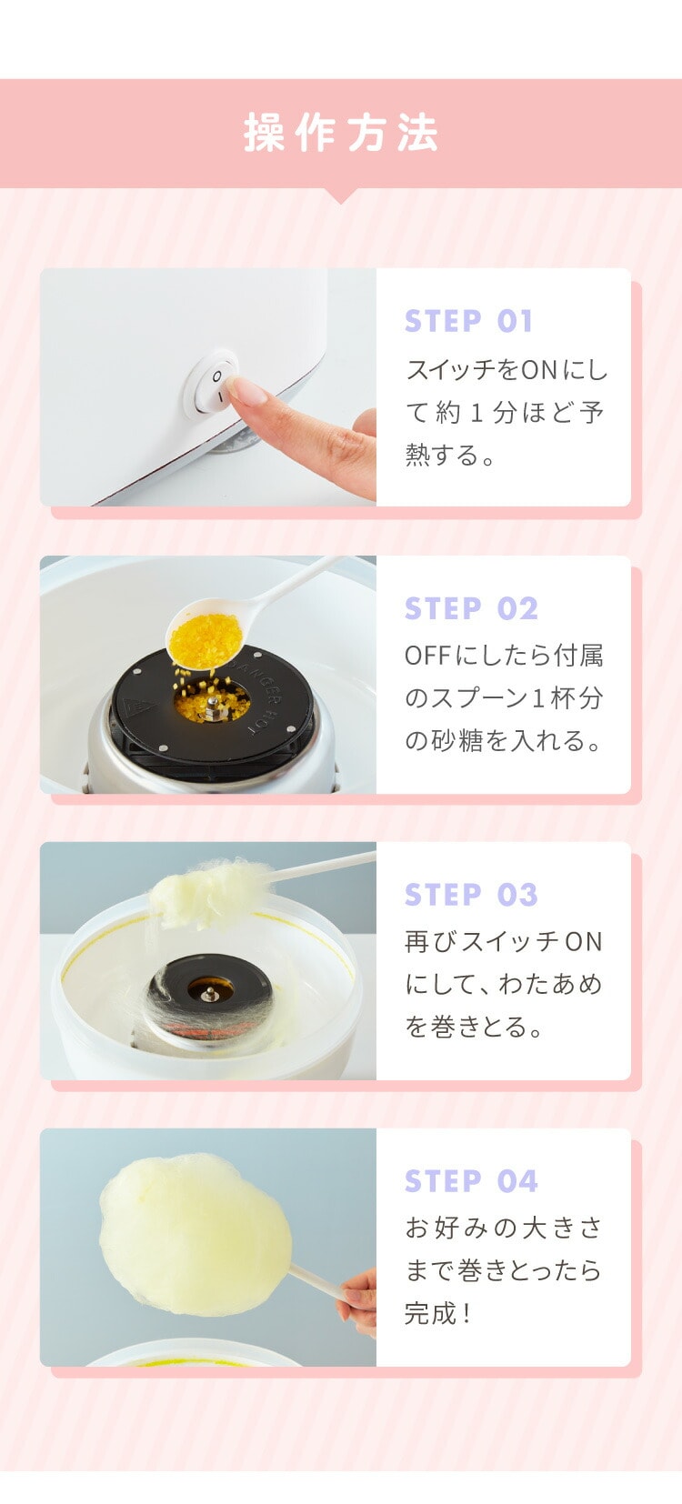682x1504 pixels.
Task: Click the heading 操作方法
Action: coord(340,133)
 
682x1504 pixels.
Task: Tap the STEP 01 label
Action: coord(468,321)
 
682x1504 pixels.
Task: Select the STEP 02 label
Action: coord(471,608)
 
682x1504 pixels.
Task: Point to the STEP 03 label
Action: coord(471,895)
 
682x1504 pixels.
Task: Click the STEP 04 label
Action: coord(471,1180)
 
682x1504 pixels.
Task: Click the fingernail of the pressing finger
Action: coord(236,389)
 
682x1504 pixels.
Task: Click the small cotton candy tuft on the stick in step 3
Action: coord(209,894)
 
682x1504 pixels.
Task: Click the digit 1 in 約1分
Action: coord(476,412)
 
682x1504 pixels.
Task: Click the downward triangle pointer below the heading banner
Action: coord(340,196)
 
